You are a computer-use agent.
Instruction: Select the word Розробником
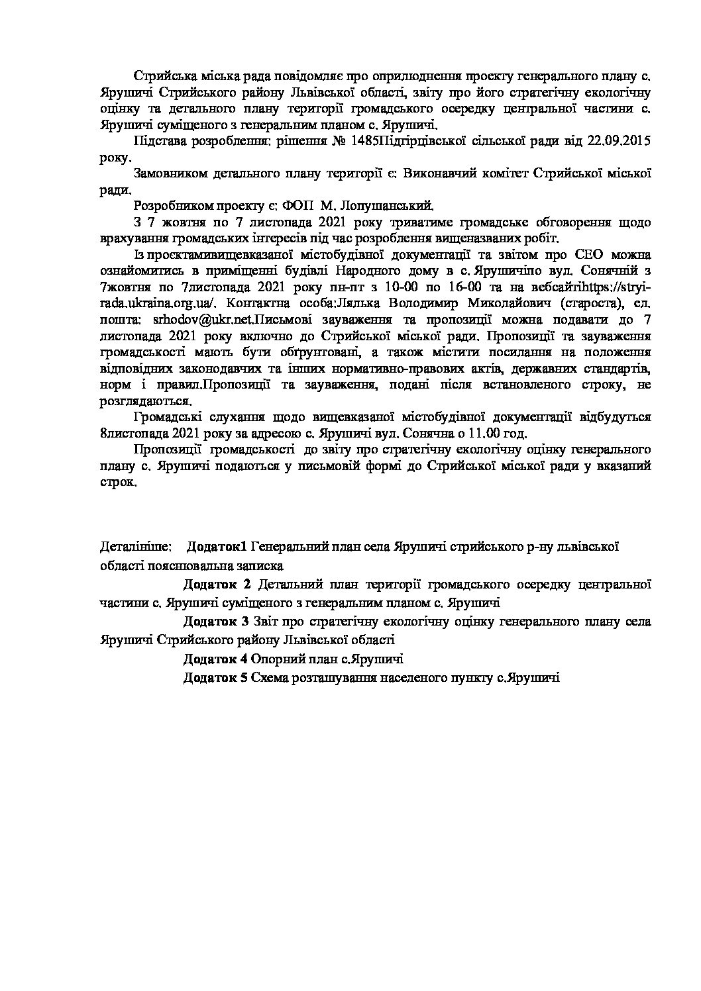tap(171, 205)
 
